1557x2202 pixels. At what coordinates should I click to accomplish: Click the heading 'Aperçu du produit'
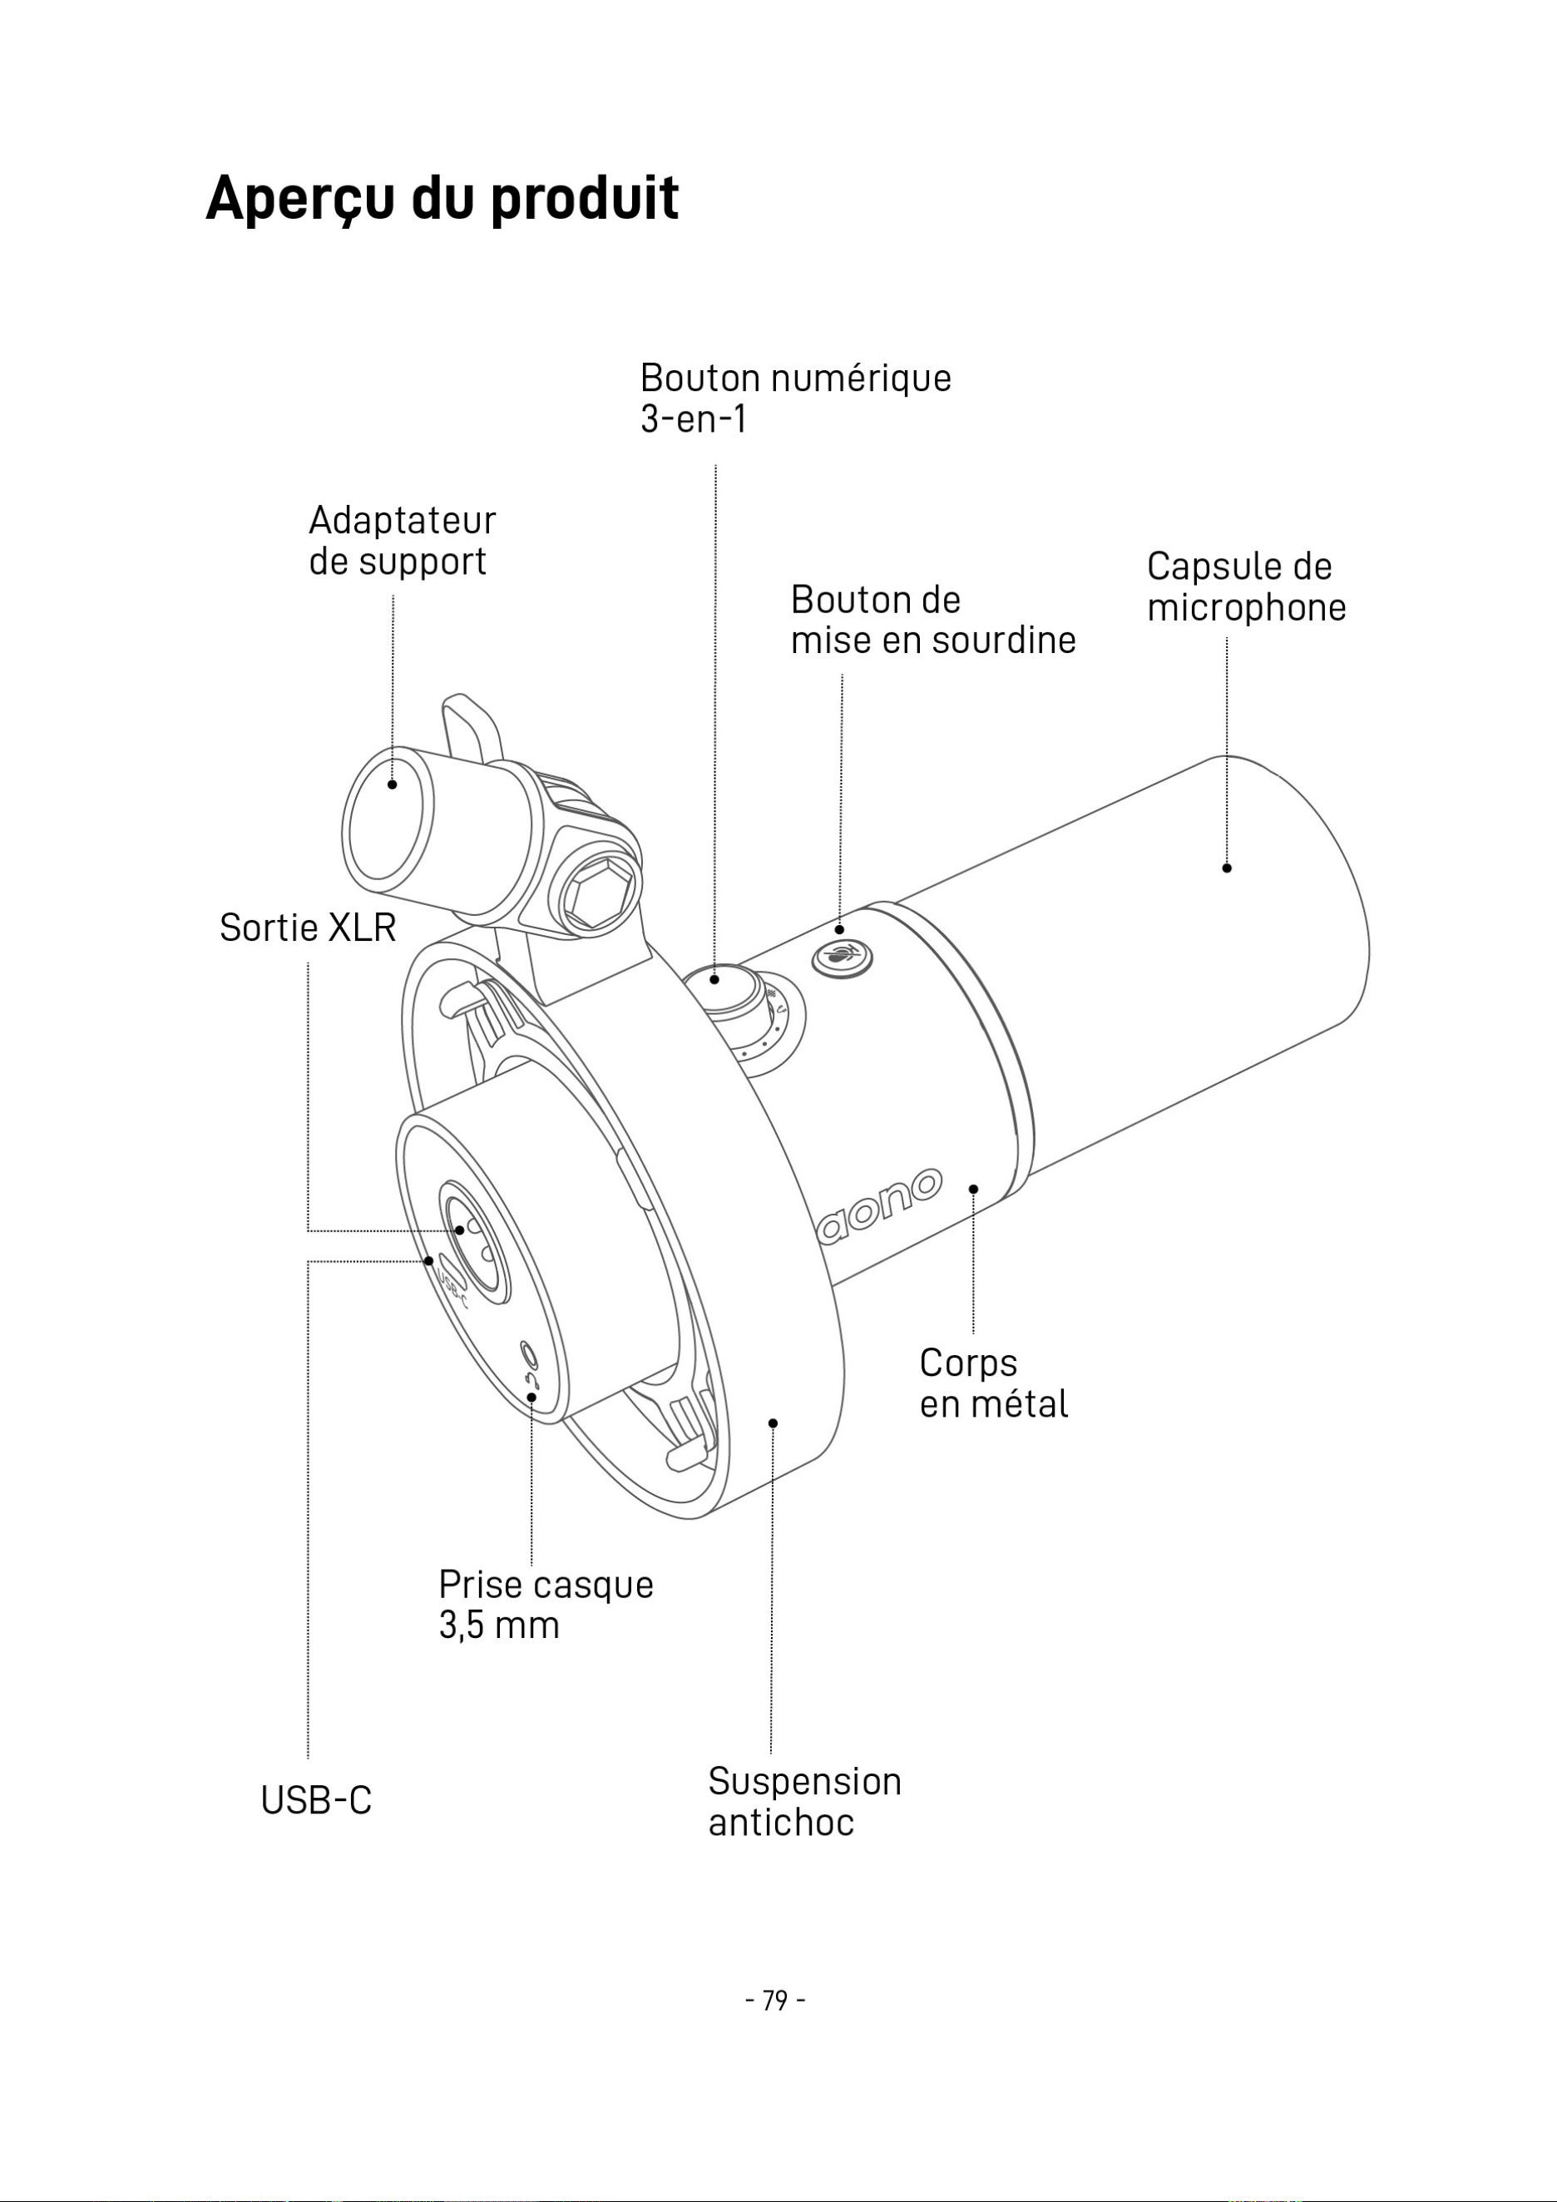point(442,200)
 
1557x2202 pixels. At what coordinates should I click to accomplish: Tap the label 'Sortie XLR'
point(308,928)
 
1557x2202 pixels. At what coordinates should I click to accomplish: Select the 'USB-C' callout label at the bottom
point(316,1800)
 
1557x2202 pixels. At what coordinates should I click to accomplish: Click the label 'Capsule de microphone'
point(1247,587)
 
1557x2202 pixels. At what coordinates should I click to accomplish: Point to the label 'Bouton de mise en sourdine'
point(933,620)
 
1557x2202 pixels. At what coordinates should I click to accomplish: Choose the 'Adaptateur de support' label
point(402,541)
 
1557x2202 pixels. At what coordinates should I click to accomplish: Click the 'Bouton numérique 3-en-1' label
point(796,398)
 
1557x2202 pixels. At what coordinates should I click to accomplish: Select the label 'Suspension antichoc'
point(804,1801)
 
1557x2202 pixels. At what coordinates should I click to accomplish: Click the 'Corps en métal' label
point(993,1383)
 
